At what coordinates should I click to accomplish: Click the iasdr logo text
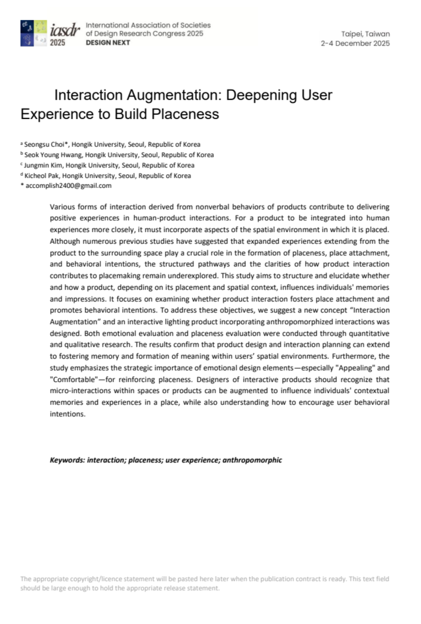(x=65, y=30)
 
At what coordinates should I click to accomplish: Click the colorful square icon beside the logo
(x=34, y=33)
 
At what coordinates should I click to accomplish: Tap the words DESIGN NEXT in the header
(x=108, y=43)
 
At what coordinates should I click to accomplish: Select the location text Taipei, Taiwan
(x=365, y=34)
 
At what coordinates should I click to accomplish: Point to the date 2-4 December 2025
(x=355, y=43)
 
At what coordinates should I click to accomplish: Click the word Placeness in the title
(x=185, y=114)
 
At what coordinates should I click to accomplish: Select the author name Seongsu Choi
(x=44, y=145)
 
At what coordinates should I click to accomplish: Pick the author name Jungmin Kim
(x=43, y=166)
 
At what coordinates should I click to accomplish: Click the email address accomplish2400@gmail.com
(x=68, y=186)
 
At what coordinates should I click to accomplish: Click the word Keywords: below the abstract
(x=67, y=460)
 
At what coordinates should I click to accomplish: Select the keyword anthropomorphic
(x=252, y=460)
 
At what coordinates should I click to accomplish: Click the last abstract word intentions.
(x=68, y=414)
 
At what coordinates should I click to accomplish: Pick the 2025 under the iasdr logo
(x=58, y=42)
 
